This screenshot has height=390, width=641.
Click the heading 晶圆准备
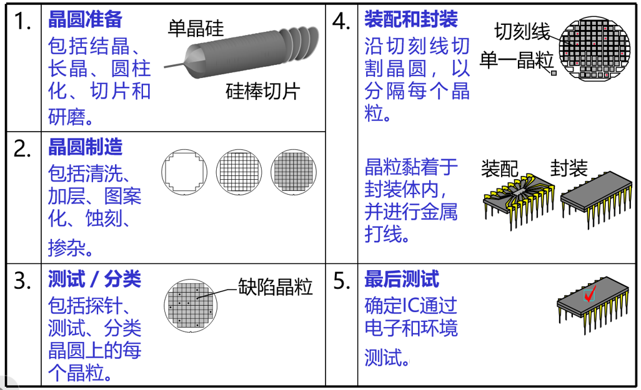[85, 19]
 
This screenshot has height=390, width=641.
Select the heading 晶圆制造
[85, 147]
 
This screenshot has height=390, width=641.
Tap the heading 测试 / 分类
[94, 280]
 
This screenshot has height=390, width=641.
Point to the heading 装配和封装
[411, 19]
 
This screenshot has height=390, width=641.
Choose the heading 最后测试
[402, 280]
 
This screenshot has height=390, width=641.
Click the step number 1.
[23, 21]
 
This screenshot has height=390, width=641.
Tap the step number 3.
[23, 281]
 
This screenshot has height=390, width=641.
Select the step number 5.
[342, 281]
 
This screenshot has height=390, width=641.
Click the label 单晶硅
[196, 29]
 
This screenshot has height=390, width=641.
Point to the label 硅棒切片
[263, 91]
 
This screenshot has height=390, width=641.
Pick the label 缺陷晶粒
[275, 286]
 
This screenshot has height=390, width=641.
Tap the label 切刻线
[522, 31]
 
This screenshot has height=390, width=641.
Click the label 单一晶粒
[516, 61]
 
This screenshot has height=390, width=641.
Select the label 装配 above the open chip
[500, 168]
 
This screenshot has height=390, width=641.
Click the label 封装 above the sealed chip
[569, 167]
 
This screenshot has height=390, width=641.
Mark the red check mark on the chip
[590, 293]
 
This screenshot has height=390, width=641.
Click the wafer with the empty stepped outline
[184, 172]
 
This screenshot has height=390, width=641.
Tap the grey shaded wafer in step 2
[294, 172]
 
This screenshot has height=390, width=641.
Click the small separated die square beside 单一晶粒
[554, 73]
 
